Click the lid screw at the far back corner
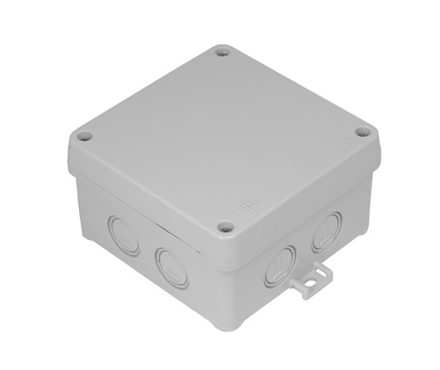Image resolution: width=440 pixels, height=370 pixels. (x=223, y=53)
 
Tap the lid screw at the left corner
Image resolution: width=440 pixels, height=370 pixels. (x=83, y=136)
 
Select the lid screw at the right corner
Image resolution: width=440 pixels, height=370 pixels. (x=362, y=132)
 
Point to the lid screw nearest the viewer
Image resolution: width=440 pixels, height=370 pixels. (x=226, y=227)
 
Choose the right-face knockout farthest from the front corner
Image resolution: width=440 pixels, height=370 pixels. (x=327, y=229)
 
